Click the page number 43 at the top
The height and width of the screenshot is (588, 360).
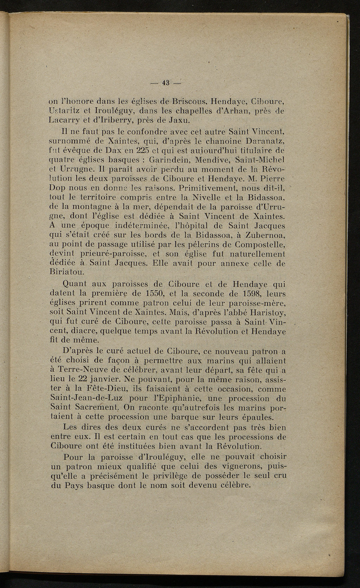tap(166, 83)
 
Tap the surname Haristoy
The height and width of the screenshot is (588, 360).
tap(265, 312)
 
